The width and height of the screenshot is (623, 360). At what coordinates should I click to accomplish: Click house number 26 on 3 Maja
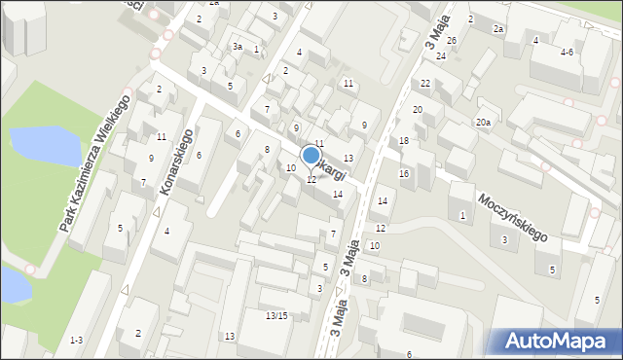pos(452,40)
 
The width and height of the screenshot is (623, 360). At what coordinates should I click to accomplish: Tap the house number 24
pos(441,56)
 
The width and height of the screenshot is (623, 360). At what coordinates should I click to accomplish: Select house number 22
pos(426,84)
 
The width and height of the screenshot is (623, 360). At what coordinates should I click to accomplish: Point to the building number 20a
pos(483,122)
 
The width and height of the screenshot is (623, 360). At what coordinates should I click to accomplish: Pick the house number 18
pos(404,141)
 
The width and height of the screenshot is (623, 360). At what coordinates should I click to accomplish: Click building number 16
pos(404,173)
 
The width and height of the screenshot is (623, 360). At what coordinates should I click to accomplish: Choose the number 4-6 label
pos(567,52)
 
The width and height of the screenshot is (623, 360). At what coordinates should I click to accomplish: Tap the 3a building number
pos(238,47)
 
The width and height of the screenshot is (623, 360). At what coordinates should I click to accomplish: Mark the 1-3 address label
pos(76,340)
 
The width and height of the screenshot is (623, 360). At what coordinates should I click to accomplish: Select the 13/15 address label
pos(276,315)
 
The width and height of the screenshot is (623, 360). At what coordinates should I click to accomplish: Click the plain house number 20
pos(418,110)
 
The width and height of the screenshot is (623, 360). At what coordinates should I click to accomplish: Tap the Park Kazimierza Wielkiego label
pos(94,163)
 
